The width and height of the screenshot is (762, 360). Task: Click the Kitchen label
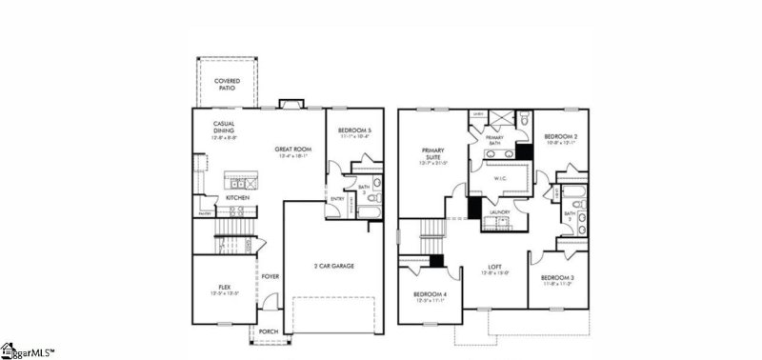pyautogui.click(x=237, y=197)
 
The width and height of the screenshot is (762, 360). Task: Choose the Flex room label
pyautogui.click(x=225, y=287)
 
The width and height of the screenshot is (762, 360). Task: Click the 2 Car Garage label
pyautogui.click(x=334, y=266)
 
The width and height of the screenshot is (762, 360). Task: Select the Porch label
pyautogui.click(x=270, y=333)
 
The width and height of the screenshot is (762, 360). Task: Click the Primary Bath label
pyautogui.click(x=495, y=140)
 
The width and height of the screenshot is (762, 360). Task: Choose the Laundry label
pyautogui.click(x=500, y=211)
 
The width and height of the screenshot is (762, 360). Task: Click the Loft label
pyautogui.click(x=495, y=268)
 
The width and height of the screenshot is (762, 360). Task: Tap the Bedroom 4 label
pyautogui.click(x=430, y=296)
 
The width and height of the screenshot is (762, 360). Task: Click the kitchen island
pyautogui.click(x=237, y=181)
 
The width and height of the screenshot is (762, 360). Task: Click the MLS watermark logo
pyautogui.click(x=29, y=350)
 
